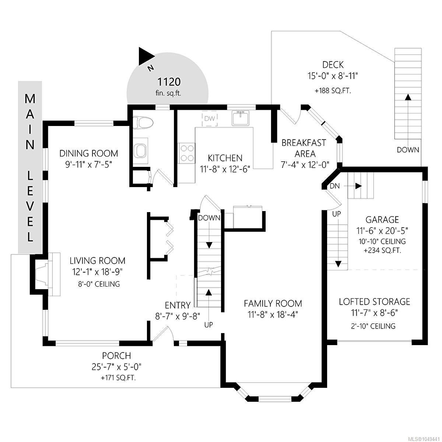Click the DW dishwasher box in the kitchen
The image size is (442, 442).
point(210,119)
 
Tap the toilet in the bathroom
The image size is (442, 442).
point(143,122)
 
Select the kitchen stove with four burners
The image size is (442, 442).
point(186,153)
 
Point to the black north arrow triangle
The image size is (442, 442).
point(146,56)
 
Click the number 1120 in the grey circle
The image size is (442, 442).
point(169,82)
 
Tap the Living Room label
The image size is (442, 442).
point(98,260)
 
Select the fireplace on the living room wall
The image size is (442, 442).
point(45,274)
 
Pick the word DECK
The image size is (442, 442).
point(333,65)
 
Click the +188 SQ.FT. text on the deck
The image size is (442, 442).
point(333,91)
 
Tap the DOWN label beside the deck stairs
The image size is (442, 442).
point(408,150)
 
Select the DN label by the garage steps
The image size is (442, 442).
point(334,186)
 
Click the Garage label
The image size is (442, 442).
point(382,220)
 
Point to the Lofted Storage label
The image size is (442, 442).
point(374,302)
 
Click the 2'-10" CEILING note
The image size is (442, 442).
point(373,326)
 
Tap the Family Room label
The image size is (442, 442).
point(273,304)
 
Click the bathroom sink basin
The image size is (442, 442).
point(141,151)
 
